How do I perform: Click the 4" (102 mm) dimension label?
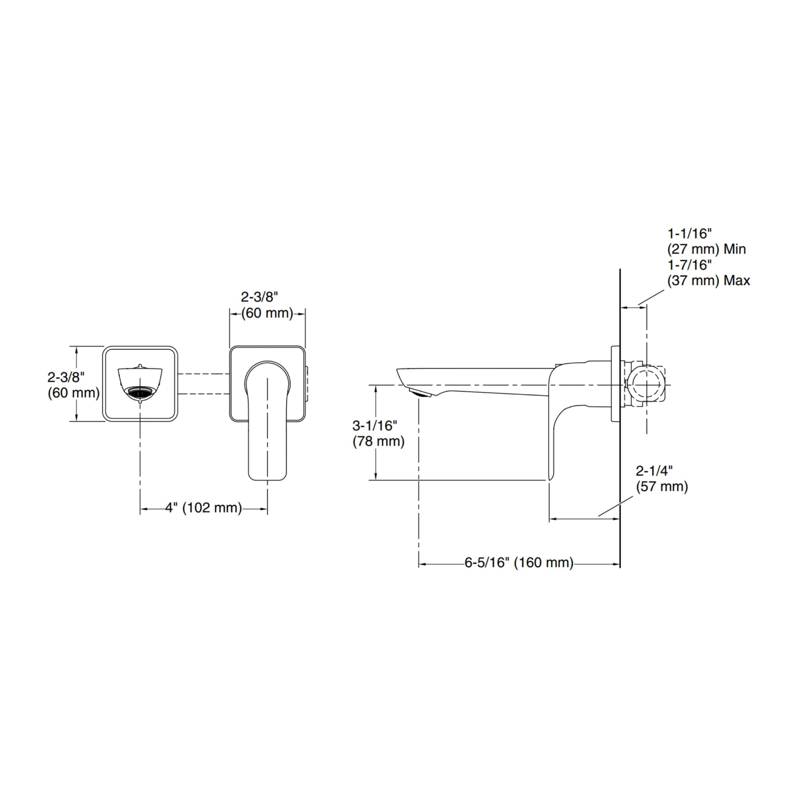pyautogui.click(x=204, y=507)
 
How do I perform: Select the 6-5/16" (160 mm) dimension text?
pyautogui.click(x=519, y=563)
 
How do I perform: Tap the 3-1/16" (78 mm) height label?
pyautogui.click(x=378, y=434)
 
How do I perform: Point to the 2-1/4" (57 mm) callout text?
pyautogui.click(x=662, y=479)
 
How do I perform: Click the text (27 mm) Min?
pyautogui.click(x=706, y=249)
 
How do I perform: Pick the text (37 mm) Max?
pyautogui.click(x=709, y=281)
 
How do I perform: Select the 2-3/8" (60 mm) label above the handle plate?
pyautogui.click(x=267, y=305)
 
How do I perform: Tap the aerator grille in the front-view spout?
pyautogui.click(x=140, y=392)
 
